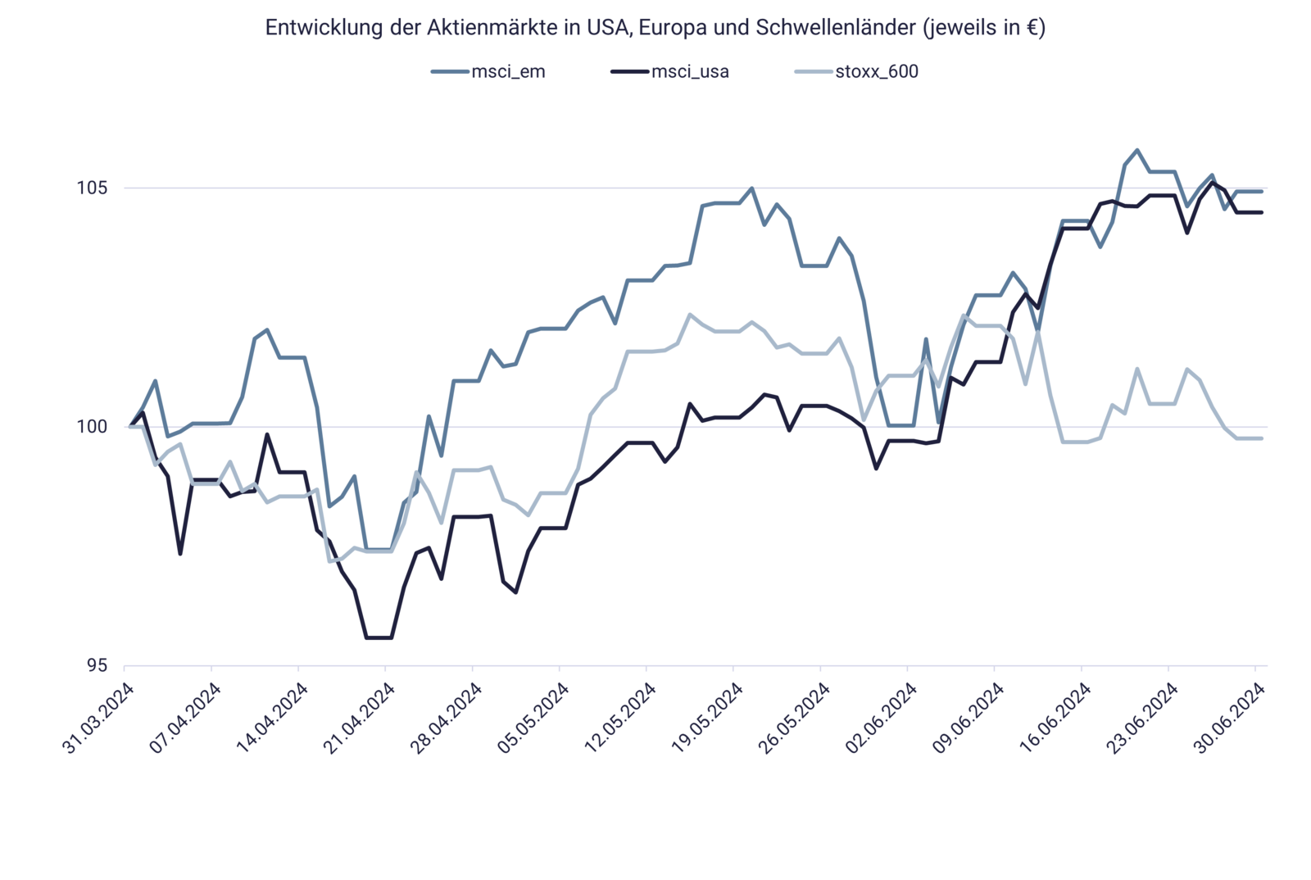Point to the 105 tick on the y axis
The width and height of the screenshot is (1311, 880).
point(93,188)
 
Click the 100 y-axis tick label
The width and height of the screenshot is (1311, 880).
point(93,427)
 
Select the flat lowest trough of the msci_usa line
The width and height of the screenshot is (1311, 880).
point(379,637)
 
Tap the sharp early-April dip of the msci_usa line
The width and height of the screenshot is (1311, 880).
point(180,555)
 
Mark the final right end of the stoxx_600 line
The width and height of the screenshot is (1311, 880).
point(1263,438)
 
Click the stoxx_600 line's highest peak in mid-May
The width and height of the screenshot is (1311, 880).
point(690,313)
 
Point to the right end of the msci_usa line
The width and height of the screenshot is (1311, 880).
point(1263,212)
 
